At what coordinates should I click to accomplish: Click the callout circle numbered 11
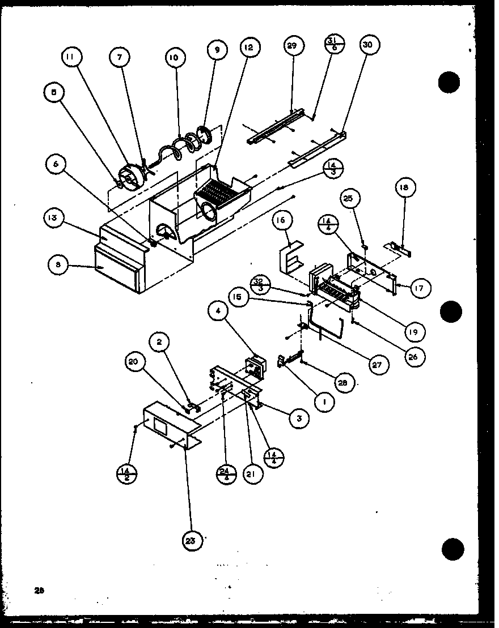coord(73,57)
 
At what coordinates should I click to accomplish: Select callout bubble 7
coord(120,57)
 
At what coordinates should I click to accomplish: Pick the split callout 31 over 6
coord(333,46)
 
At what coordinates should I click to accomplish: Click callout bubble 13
coord(53,218)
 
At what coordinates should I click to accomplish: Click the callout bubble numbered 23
coord(191,541)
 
